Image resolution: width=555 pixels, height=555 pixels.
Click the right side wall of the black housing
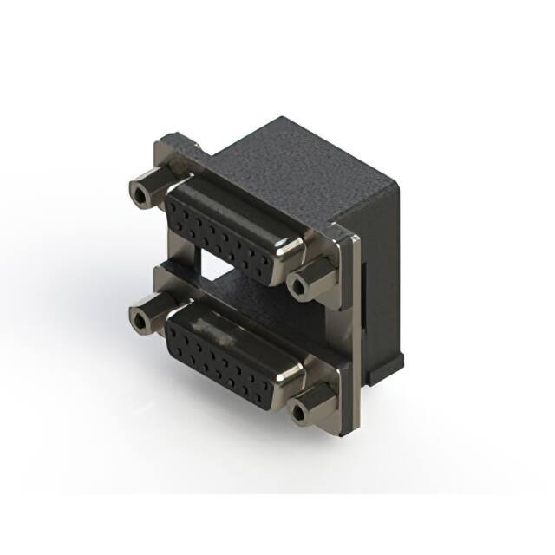[382, 260]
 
